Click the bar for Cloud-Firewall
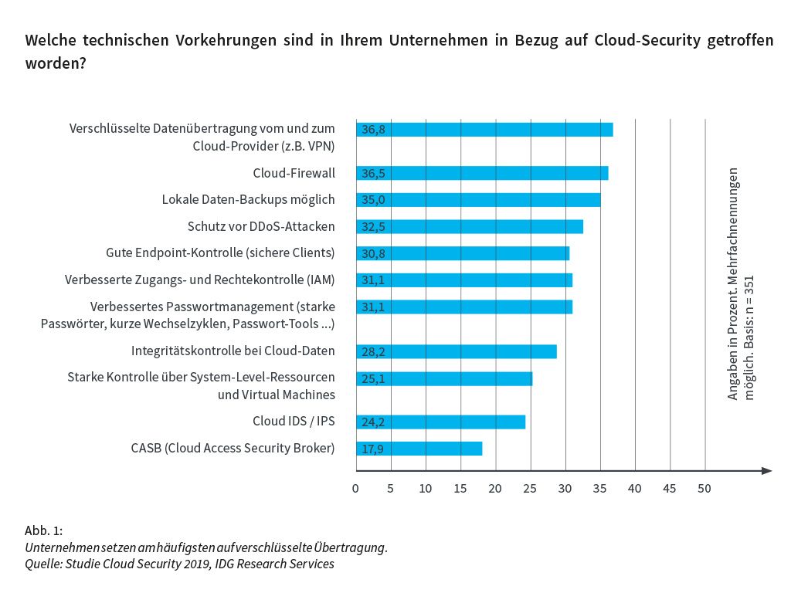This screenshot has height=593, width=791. point(482,173)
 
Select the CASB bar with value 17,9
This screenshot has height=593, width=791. point(419,449)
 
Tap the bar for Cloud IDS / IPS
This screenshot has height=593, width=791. point(440,422)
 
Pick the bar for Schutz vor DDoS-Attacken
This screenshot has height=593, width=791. point(470,226)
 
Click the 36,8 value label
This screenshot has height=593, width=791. point(373,130)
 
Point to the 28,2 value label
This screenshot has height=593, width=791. point(373,351)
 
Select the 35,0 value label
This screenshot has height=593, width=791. point(373,200)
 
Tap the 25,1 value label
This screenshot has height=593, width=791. point(373,378)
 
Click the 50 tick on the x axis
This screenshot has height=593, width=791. point(704,488)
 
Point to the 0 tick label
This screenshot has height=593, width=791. point(355,488)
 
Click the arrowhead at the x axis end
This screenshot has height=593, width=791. point(766,470)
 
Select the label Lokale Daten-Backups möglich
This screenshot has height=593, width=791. point(248,199)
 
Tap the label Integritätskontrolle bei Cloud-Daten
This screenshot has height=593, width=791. point(233,351)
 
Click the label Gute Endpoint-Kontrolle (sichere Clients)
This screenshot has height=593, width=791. point(220,252)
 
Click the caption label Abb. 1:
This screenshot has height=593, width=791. point(43,530)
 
